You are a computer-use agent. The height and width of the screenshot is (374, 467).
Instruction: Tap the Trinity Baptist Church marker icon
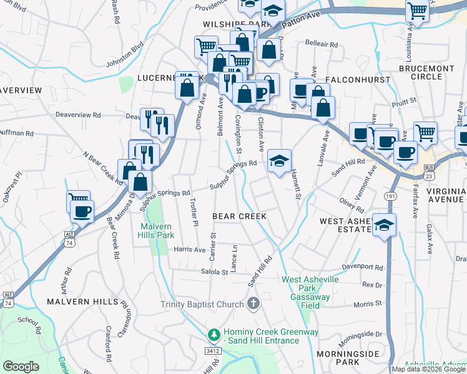[x=253, y=304]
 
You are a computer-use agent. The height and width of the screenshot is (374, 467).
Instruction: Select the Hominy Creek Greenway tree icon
[x=214, y=335]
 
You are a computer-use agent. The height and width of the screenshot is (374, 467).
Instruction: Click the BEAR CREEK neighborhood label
[x=240, y=216]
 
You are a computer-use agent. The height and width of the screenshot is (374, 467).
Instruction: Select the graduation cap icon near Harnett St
[x=279, y=161]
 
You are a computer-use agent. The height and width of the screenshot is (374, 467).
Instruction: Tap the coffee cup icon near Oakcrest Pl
[x=82, y=211]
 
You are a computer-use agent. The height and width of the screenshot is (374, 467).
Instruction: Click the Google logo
[x=21, y=367]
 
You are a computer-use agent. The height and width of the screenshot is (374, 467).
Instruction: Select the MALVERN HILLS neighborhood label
[x=82, y=302]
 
